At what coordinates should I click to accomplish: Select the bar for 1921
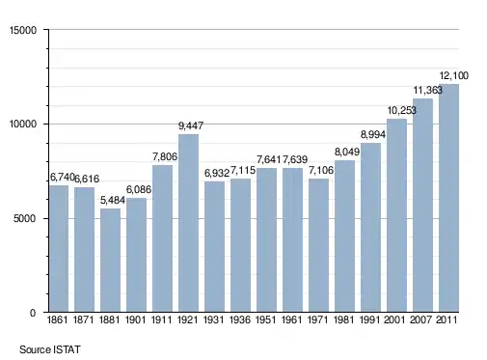(188, 223)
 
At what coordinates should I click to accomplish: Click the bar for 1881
(110, 260)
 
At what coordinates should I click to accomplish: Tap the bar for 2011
(448, 198)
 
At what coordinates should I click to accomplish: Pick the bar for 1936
(240, 245)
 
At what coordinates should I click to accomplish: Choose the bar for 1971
(318, 245)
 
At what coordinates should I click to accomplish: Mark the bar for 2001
(396, 215)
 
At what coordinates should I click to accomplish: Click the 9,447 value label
(191, 125)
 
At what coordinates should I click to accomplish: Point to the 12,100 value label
(454, 75)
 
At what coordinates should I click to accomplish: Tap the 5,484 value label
(113, 200)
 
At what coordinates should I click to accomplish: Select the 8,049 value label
(347, 152)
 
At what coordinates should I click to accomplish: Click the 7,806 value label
(165, 156)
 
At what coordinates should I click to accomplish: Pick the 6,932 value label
(217, 173)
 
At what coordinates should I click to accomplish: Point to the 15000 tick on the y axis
(23, 30)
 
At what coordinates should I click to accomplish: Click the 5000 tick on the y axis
(25, 219)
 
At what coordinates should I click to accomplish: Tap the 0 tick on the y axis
(33, 313)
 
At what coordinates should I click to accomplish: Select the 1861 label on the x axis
(58, 319)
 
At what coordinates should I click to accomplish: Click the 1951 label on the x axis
(266, 319)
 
